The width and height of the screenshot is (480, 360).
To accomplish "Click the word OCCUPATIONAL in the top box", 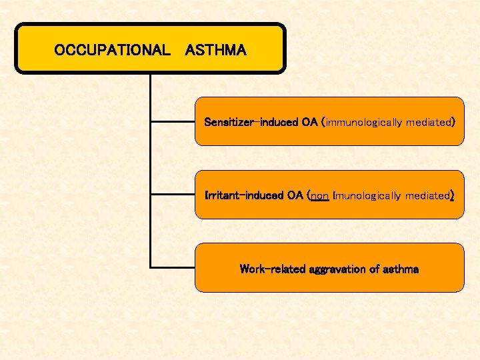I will (112, 50).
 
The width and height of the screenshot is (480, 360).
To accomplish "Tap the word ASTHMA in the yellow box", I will (216, 50).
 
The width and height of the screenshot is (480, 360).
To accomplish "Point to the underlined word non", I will (320, 195).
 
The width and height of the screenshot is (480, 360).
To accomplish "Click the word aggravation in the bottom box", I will (333, 269).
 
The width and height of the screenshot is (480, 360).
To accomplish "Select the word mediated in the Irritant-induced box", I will (428, 195).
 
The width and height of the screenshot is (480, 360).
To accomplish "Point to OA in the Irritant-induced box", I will (295, 195).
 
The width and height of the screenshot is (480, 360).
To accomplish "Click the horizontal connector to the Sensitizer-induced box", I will (173, 122).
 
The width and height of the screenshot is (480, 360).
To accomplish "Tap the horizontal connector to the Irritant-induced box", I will (173, 195).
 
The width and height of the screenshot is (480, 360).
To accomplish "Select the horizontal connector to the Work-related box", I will (173, 267).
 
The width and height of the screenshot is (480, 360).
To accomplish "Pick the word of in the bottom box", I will (374, 269).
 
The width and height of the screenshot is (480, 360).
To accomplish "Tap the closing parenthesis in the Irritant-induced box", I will (452, 195).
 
